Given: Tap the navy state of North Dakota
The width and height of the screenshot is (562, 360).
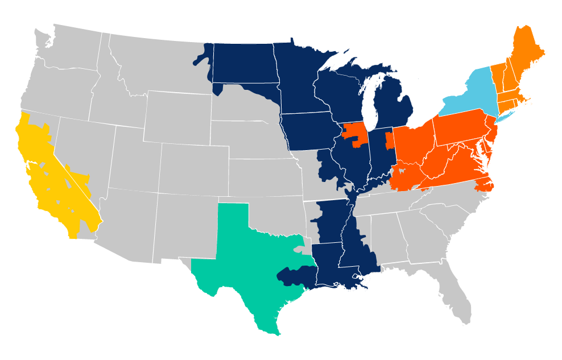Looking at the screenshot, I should [242, 63].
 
